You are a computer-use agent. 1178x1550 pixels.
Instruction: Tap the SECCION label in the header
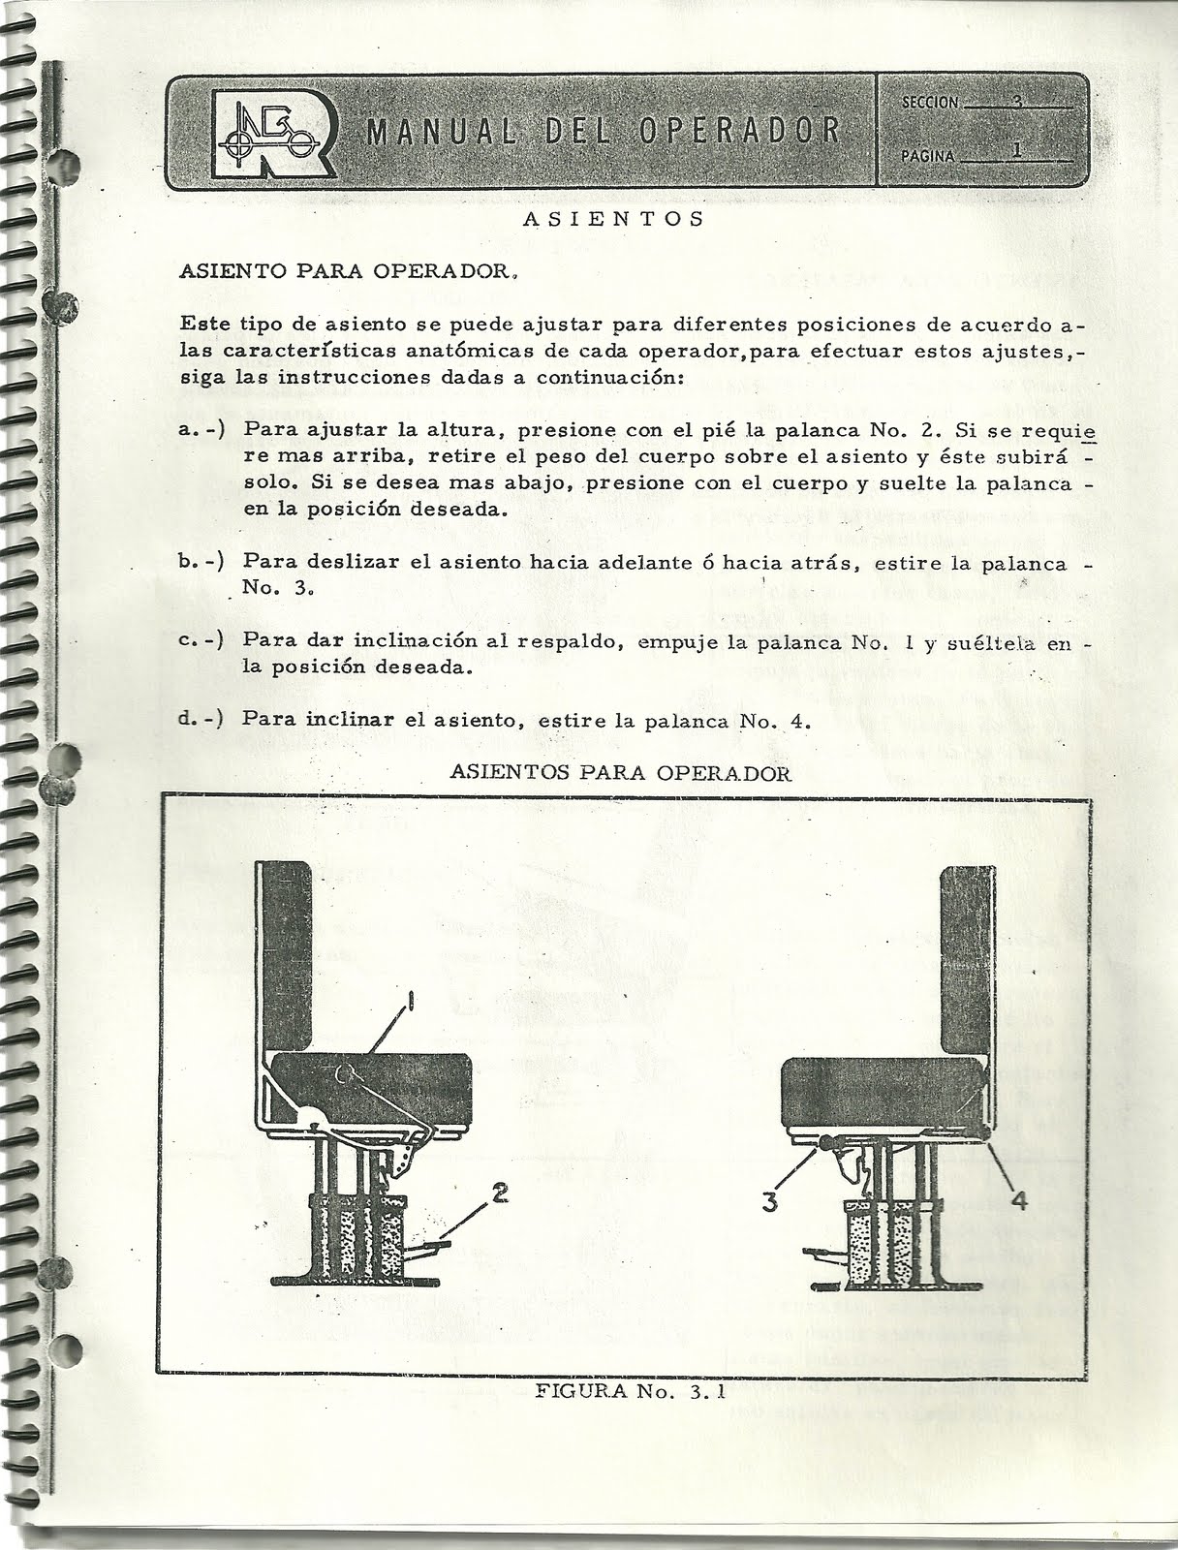(x=928, y=102)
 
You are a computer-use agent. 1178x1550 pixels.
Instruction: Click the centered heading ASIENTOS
(x=612, y=218)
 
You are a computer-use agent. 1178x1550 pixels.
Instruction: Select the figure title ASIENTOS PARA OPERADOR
(x=621, y=773)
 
